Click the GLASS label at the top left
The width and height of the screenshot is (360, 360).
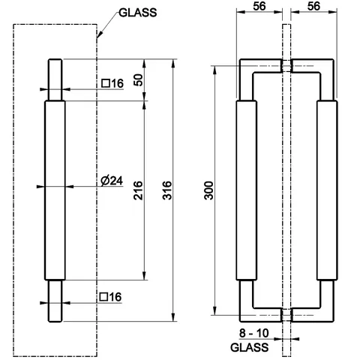point(138,13)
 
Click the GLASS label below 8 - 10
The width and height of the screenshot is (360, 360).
point(250,347)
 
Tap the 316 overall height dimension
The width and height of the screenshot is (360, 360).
point(167,190)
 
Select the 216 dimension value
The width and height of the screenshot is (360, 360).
point(138,190)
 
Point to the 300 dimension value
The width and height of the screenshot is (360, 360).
point(208,190)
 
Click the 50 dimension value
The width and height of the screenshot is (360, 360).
point(138,80)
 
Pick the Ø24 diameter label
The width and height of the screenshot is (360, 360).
point(112,181)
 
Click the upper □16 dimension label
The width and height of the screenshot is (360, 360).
point(112,83)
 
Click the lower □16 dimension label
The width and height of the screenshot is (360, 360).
point(110,297)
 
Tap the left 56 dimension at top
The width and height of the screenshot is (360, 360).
point(259,6)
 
